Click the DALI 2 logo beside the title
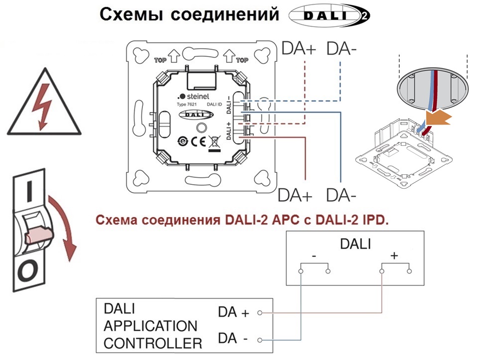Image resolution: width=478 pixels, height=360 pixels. [x=329, y=15]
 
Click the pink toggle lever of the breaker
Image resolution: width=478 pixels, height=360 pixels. [x=39, y=235]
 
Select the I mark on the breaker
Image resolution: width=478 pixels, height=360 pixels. [x=29, y=191]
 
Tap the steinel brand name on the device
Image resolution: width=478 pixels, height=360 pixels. [x=198, y=97]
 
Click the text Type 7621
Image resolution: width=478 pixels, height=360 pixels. [x=187, y=105]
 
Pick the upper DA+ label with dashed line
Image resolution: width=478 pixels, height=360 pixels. [x=299, y=48]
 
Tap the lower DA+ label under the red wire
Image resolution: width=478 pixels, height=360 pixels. [x=295, y=195]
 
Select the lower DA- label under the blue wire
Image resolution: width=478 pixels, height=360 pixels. [x=341, y=195]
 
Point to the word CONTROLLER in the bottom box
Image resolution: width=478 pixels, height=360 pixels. [x=153, y=344]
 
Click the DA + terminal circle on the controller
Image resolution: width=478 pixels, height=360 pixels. [x=260, y=312]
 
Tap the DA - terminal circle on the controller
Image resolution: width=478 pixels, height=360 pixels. [x=260, y=340]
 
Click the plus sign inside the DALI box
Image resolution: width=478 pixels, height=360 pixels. [x=394, y=255]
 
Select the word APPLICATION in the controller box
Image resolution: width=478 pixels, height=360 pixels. [x=150, y=326]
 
